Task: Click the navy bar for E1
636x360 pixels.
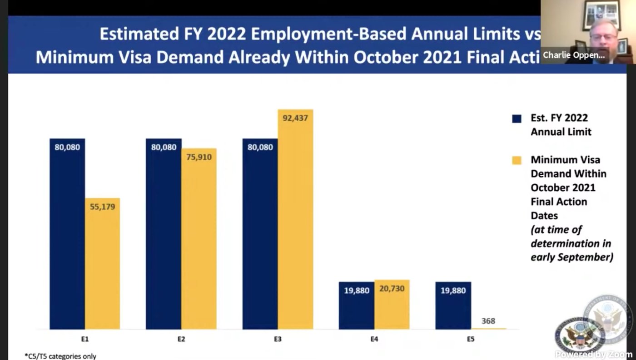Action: click(67, 234)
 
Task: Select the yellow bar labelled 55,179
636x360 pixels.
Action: click(102, 263)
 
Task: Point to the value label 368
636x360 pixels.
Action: click(488, 321)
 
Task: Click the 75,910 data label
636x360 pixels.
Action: click(199, 158)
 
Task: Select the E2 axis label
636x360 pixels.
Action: click(181, 339)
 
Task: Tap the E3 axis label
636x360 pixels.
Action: click(278, 339)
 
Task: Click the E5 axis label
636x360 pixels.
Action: click(471, 339)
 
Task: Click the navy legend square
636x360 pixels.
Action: click(517, 118)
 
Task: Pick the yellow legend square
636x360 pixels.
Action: click(517, 160)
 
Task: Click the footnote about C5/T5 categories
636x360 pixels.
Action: click(60, 356)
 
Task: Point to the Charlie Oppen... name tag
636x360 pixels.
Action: click(573, 55)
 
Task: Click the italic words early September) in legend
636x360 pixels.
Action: click(571, 257)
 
